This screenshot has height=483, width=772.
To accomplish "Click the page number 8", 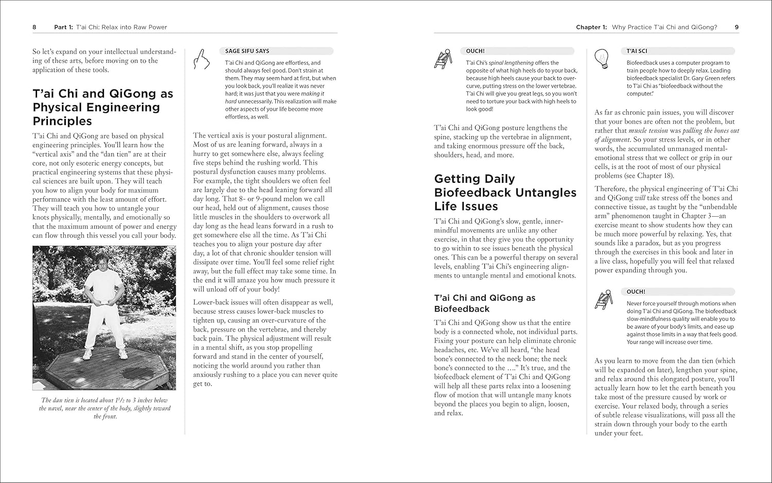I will (x=34, y=27).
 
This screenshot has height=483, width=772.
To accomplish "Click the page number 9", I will (x=736, y=27).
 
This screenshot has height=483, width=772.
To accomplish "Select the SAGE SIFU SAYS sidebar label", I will (x=247, y=51).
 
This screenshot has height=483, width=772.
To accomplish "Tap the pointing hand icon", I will (x=201, y=59).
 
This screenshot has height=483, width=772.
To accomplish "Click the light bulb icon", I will (x=602, y=59).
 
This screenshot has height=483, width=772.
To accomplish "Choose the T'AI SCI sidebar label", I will (x=637, y=51).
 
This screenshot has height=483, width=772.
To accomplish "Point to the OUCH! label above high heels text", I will (x=475, y=51).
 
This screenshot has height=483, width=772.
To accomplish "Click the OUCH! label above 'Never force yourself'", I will (x=636, y=291).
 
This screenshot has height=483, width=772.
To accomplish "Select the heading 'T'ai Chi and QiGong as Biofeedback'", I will (x=484, y=303).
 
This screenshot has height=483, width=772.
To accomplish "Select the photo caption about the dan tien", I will (x=104, y=408).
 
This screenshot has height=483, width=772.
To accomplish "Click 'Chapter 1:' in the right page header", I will (x=591, y=27).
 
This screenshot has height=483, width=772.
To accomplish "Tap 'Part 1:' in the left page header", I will (x=64, y=27).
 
